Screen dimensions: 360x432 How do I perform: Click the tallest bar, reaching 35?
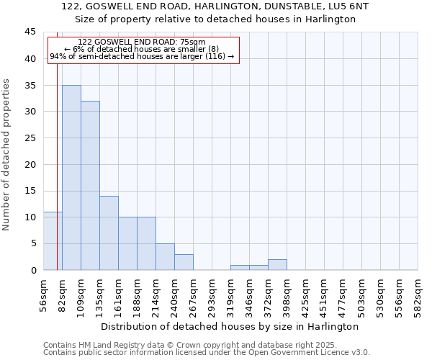coord(71,178)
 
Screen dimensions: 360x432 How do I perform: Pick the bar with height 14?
coord(109,233)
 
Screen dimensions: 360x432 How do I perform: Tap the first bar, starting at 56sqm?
coord(52,241)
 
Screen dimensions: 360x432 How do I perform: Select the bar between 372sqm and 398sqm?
coord(277,265)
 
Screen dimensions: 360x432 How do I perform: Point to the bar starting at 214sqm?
coord(165,257)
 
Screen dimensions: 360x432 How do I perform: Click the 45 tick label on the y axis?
coord(30,32)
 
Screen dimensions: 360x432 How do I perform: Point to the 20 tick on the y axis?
coord(30,164)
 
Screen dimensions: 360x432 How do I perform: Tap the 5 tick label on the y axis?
coord(32,243)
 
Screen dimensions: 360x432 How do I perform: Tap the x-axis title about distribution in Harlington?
coord(230,326)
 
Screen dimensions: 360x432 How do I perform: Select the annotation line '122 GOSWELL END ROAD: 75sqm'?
coord(142,42)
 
